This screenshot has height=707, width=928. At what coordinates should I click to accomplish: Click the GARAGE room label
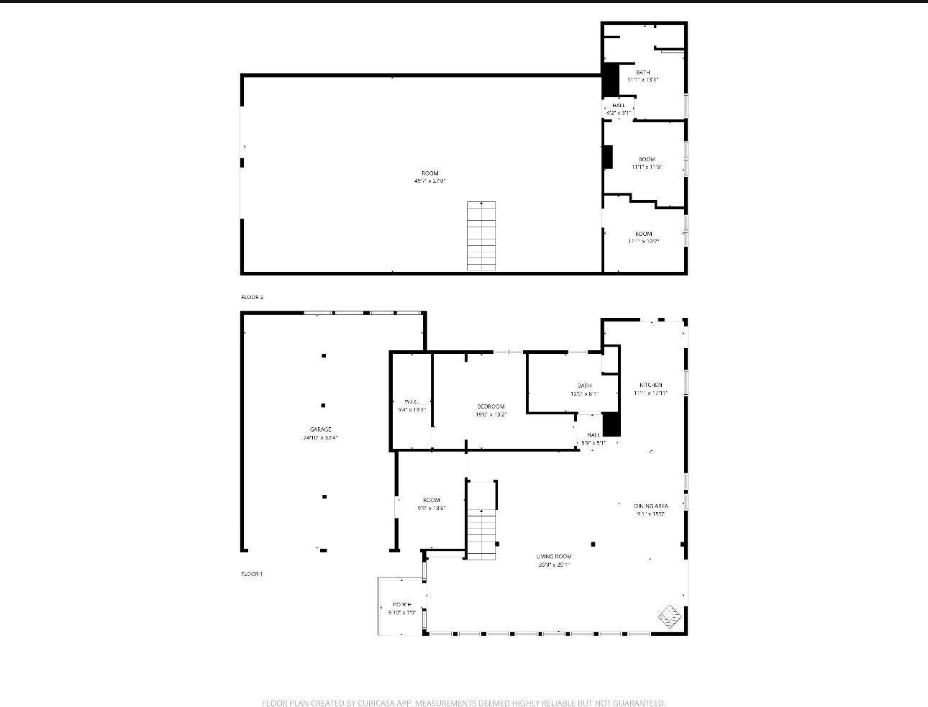321,429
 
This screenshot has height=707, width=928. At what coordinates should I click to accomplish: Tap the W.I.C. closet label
411,401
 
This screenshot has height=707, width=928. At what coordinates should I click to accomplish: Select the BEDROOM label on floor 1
491,406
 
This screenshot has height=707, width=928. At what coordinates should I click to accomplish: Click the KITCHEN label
650,386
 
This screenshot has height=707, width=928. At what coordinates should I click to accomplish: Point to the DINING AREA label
650,506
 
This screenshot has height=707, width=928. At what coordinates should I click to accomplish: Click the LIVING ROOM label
554,557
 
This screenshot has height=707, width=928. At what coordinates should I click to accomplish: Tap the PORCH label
402,604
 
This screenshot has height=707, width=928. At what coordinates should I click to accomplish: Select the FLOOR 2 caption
253,297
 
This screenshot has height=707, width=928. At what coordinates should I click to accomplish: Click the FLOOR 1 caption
252,574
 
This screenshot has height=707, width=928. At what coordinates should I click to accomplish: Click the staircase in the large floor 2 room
481,236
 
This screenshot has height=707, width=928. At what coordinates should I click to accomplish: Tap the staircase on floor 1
481,534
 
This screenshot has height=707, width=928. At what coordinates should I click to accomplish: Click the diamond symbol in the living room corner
670,616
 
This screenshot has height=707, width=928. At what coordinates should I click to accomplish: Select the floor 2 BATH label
642,73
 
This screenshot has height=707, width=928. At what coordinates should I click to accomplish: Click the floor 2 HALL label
619,106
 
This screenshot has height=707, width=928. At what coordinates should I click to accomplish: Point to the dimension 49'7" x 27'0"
429,181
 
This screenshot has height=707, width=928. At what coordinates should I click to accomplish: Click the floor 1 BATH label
584,386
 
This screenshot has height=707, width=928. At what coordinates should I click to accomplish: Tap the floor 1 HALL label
593,435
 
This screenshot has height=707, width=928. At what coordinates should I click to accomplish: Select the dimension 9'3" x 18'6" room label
432,508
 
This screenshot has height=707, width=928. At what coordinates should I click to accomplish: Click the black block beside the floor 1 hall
611,424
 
